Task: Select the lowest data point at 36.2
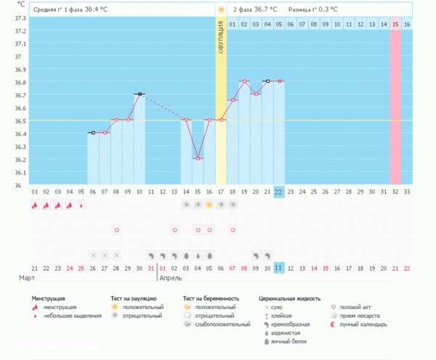point(198,158)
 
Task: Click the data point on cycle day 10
point(140,94)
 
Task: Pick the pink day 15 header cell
point(395,24)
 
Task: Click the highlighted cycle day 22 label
point(279,192)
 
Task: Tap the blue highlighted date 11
point(279,268)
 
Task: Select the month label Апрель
point(172,279)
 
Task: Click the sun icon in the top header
point(221,9)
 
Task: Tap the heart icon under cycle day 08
point(116,230)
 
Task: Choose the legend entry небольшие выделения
point(72,316)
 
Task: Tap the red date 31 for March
point(151,268)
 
